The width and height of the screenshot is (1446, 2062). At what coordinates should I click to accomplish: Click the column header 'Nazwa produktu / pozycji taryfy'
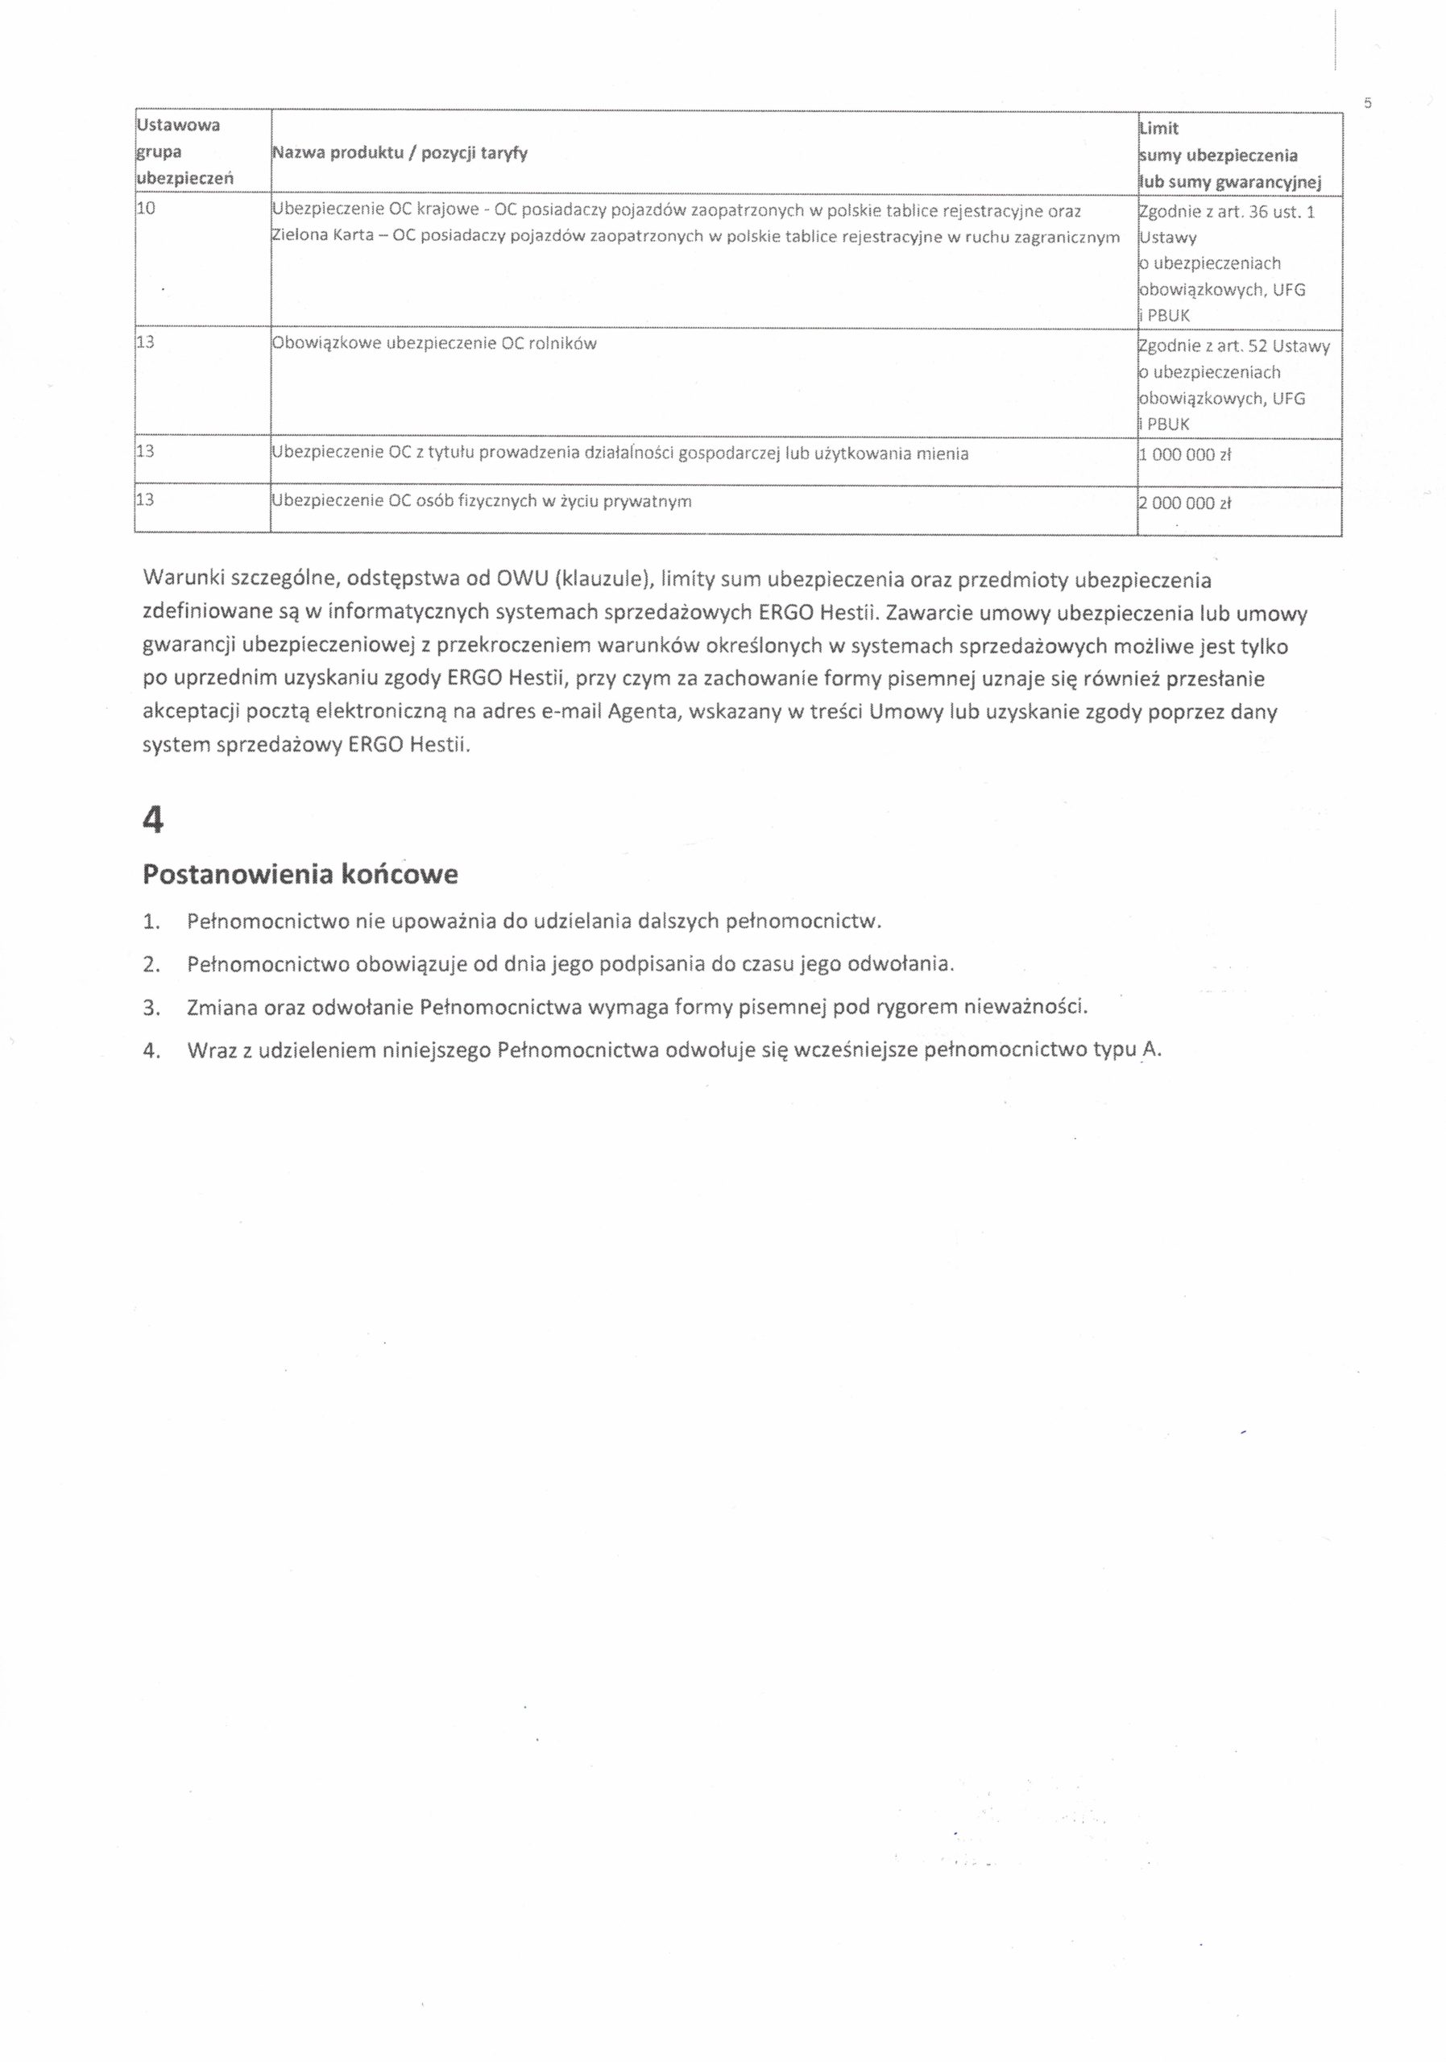click(399, 153)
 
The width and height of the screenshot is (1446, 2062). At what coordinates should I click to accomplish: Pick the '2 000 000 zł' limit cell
click(1183, 504)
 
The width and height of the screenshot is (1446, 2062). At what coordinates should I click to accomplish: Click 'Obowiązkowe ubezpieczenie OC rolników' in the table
click(433, 343)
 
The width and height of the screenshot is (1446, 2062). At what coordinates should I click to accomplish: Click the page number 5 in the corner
click(1368, 103)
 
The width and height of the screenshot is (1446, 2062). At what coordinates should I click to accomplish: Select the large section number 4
click(154, 819)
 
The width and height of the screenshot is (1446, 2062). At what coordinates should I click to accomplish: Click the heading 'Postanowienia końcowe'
click(300, 874)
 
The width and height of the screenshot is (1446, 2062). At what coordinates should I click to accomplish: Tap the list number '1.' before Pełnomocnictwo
click(151, 921)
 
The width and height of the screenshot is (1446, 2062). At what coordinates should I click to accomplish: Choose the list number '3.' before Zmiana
click(151, 1007)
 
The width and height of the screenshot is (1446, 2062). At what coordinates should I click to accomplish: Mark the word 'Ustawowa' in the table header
click(178, 125)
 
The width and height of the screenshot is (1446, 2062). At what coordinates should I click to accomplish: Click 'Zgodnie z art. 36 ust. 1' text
click(1226, 213)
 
